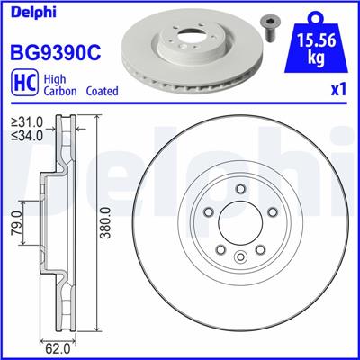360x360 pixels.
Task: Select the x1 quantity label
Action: point(339,91)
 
